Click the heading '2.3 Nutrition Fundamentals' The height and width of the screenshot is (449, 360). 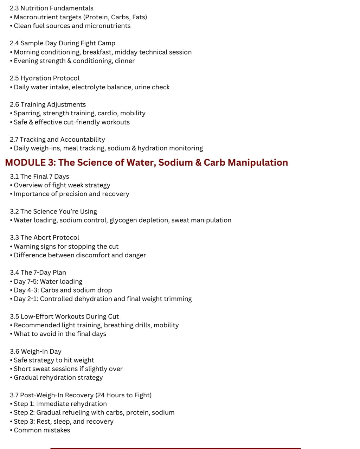(51, 8)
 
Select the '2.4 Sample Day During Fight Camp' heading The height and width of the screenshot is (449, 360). (62, 43)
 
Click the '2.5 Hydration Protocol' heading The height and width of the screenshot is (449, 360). (45, 78)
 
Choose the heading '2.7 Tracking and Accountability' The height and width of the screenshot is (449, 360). (57, 140)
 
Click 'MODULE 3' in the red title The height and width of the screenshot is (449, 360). (25, 162)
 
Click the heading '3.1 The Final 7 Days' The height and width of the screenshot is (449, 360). (39, 177)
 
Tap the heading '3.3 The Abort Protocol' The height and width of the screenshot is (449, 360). (44, 237)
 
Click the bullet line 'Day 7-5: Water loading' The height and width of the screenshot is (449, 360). (48, 281)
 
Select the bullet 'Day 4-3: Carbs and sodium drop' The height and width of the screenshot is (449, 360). (63, 290)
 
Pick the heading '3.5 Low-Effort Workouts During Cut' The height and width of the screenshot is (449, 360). (64, 316)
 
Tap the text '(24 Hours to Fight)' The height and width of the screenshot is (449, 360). (123, 395)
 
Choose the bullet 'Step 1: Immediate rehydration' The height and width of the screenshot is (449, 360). (60, 404)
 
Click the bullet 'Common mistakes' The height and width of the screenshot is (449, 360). (42, 430)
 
